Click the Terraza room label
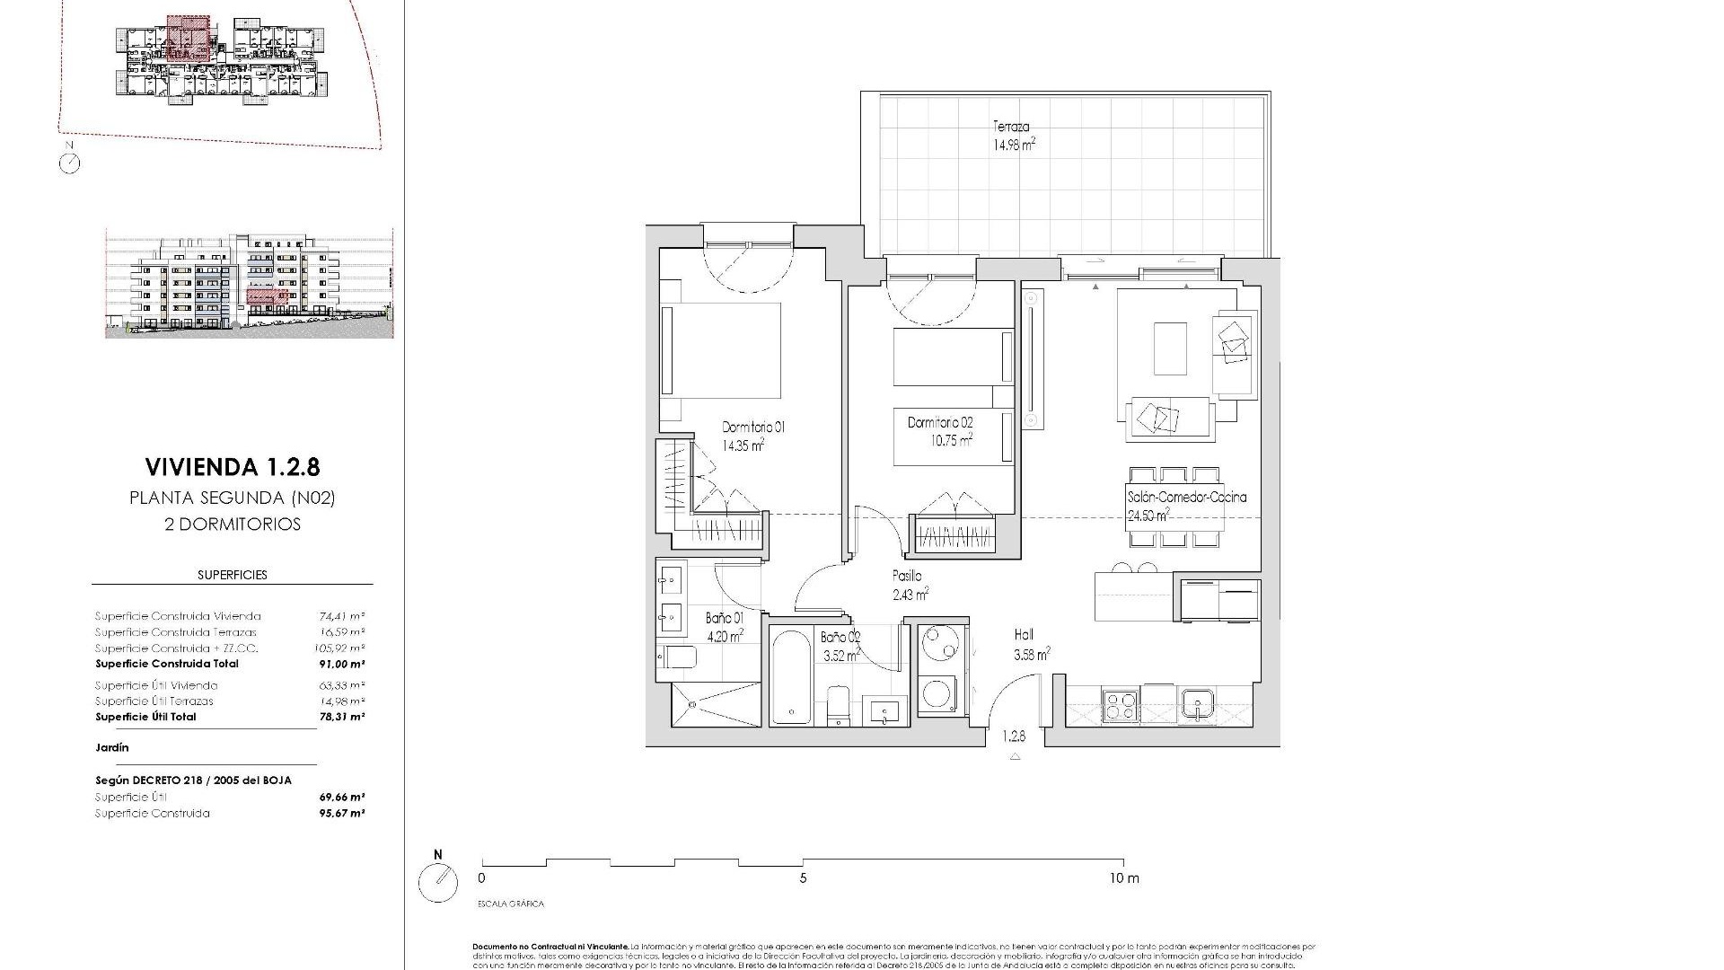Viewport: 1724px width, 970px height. point(1011,127)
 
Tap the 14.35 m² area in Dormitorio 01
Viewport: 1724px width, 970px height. point(743,445)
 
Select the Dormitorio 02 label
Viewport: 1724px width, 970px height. point(940,422)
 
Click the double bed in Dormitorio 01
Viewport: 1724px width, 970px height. point(721,350)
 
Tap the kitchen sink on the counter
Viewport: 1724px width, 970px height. point(1199,703)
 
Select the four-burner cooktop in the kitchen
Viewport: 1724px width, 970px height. point(1121,703)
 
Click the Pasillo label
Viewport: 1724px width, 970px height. point(907,576)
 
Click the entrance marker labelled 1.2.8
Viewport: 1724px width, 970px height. point(1014,736)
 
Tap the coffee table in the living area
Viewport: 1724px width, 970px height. point(1170,348)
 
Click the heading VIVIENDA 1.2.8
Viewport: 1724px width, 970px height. point(232,467)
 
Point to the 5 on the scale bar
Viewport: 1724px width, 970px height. point(803,878)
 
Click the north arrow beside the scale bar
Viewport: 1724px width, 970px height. point(438,882)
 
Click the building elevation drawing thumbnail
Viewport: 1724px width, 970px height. point(250,284)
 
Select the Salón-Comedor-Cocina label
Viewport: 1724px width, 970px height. point(1186,497)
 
